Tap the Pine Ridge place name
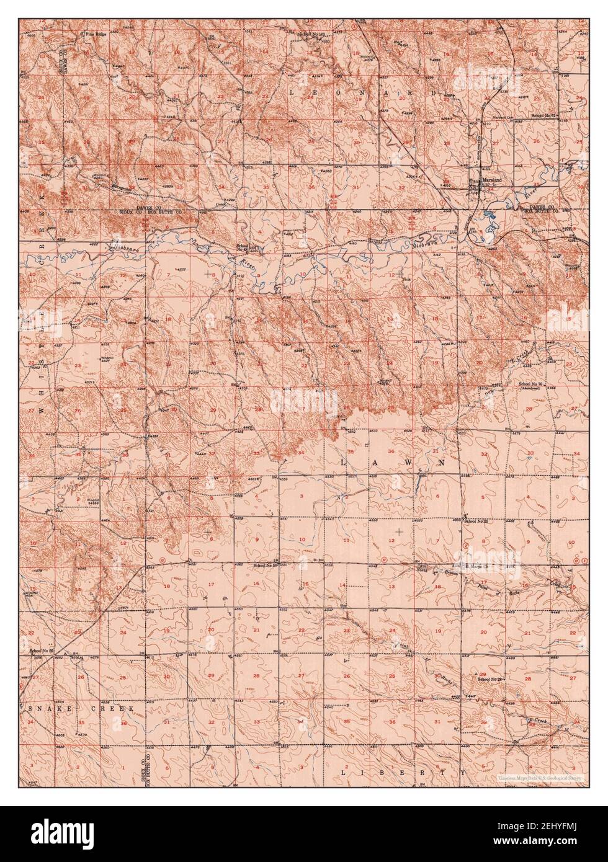click(97, 35)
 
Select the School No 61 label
click(544, 116)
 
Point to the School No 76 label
click(531, 385)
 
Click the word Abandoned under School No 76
click(532, 391)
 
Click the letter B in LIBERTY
click(384, 773)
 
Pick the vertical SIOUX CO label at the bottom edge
click(143, 769)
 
